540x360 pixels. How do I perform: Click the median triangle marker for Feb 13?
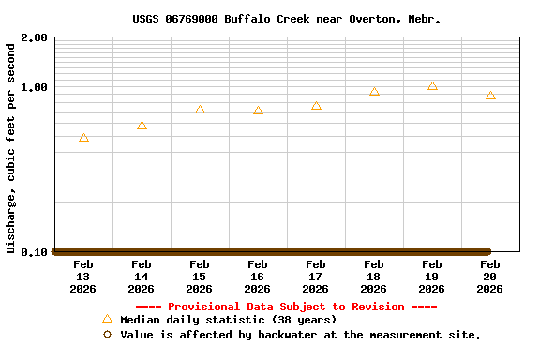click(x=84, y=138)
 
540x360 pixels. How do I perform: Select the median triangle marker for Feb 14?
click(x=142, y=125)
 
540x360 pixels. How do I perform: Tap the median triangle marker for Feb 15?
click(x=200, y=110)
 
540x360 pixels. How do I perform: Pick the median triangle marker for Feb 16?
click(x=258, y=111)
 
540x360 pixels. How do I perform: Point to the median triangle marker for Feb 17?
click(x=316, y=106)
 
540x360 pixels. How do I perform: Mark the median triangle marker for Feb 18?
click(x=374, y=91)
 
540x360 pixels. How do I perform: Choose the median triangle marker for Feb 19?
click(x=432, y=85)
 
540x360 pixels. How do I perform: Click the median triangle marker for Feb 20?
click(x=490, y=96)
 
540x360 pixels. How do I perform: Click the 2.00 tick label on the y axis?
click(x=34, y=38)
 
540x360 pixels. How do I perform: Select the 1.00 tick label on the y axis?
click(x=34, y=88)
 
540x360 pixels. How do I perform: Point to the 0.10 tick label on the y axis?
click(x=34, y=252)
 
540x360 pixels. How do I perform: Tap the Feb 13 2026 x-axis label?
click(x=83, y=277)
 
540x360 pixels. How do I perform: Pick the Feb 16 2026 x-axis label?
click(x=258, y=277)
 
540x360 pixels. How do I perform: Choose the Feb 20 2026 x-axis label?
click(x=490, y=277)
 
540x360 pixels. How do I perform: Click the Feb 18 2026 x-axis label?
click(x=374, y=277)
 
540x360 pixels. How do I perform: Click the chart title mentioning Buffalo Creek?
click(x=286, y=19)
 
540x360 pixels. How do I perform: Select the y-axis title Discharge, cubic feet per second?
click(x=11, y=148)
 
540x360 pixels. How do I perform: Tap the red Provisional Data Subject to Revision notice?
click(x=286, y=307)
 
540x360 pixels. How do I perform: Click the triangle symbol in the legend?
click(x=107, y=320)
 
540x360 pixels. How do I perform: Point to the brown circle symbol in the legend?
click(x=107, y=334)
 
